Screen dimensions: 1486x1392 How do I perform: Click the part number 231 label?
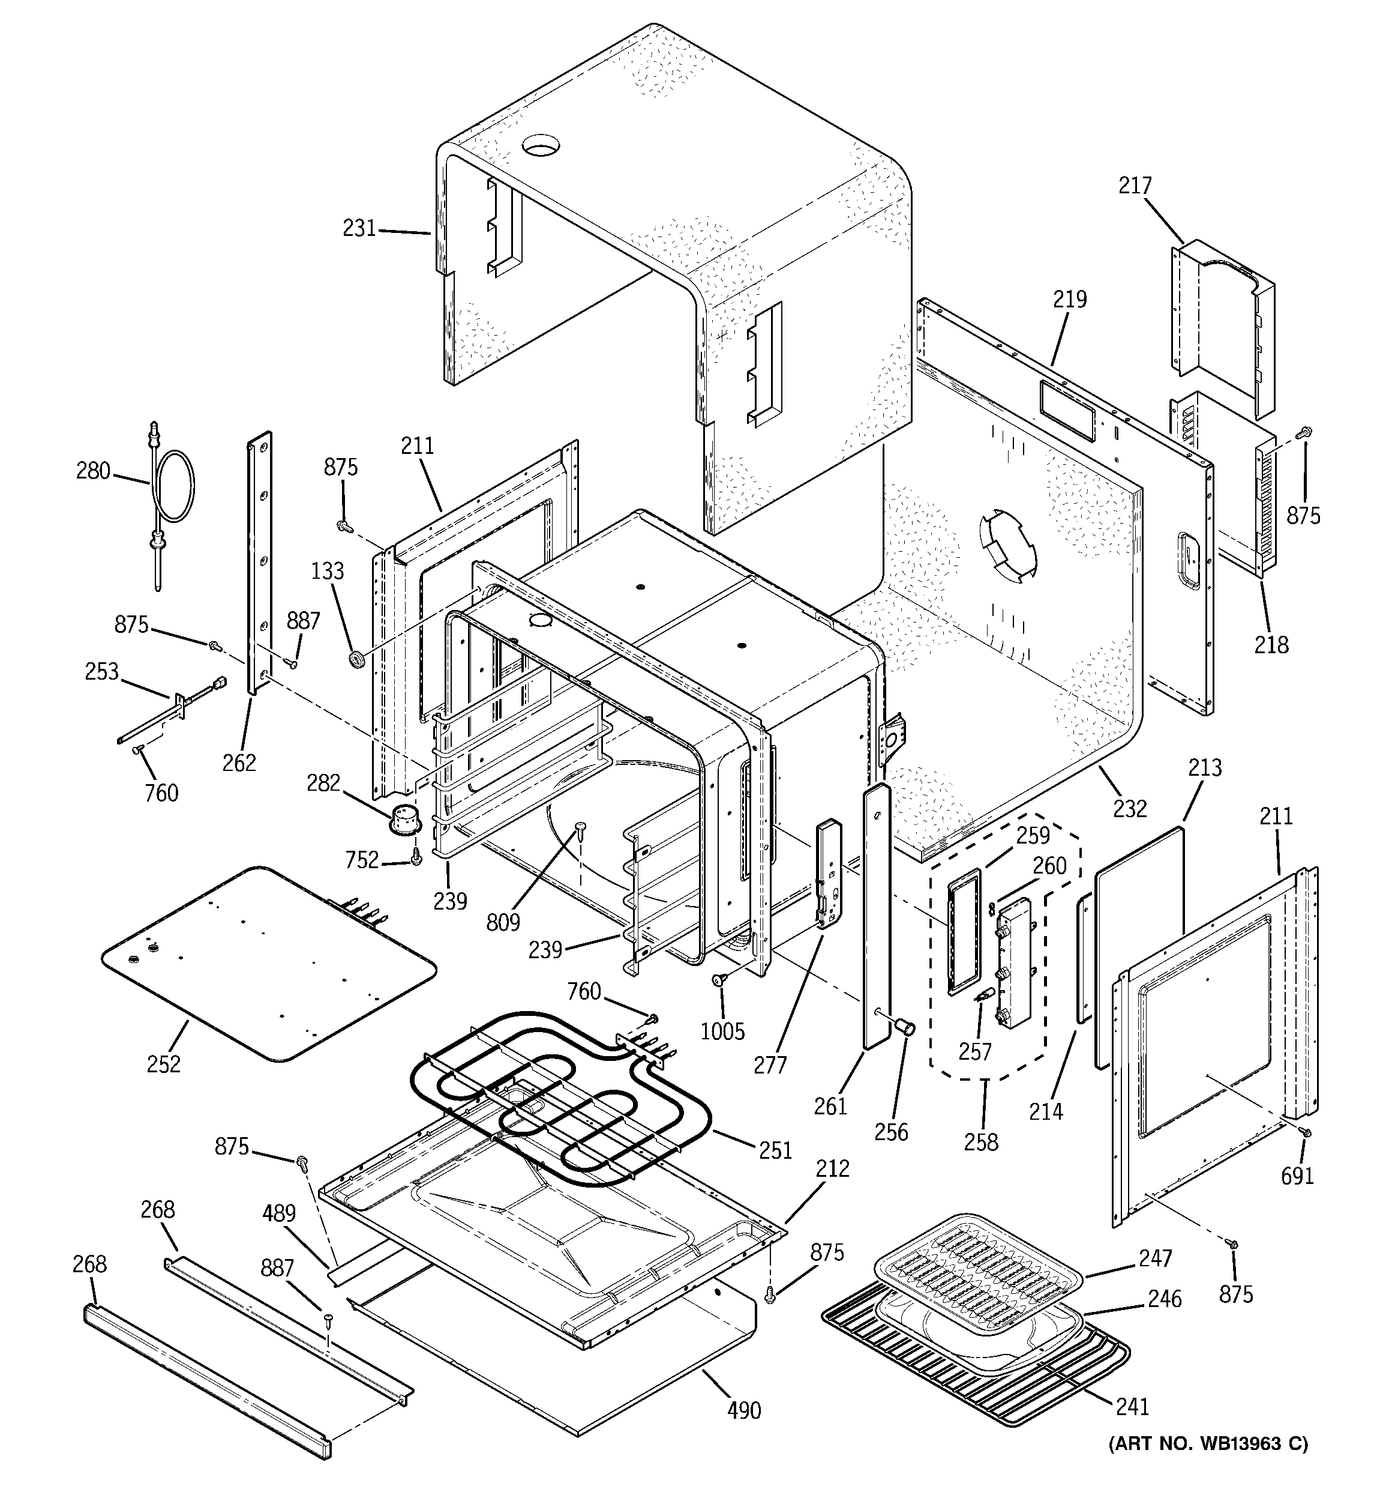click(359, 228)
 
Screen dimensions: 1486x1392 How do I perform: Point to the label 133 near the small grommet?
click(327, 571)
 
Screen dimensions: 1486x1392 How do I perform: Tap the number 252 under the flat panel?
click(164, 1064)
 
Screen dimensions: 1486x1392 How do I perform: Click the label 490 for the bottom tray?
click(744, 1410)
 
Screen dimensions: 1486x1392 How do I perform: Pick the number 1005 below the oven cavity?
click(722, 1031)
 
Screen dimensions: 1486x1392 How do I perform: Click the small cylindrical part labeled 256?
click(905, 1028)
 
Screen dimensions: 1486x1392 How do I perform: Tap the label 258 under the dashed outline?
click(981, 1141)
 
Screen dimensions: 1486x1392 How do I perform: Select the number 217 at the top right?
click(1135, 186)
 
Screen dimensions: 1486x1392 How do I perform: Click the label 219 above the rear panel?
click(1070, 300)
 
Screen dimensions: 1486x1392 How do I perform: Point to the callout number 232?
click(1129, 808)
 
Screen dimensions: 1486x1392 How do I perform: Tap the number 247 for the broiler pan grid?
click(1155, 1259)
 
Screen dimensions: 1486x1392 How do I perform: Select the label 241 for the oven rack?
click(1132, 1407)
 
